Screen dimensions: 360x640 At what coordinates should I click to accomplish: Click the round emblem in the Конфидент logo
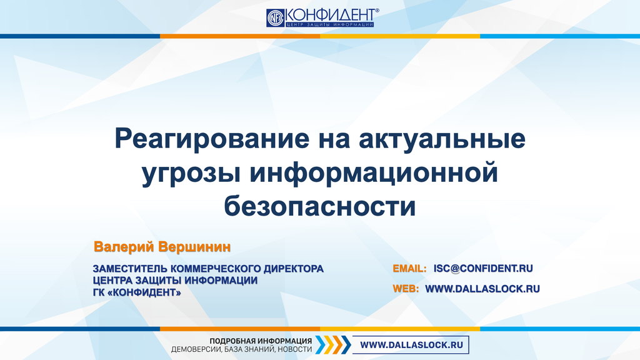click(276, 17)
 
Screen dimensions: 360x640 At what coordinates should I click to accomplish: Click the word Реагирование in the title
click(209, 139)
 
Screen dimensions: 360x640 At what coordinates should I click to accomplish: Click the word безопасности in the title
click(319, 206)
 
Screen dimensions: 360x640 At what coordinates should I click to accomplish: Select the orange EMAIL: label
click(409, 269)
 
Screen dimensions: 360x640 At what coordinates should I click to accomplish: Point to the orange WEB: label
click(406, 289)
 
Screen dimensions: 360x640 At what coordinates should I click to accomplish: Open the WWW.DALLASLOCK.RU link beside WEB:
click(482, 289)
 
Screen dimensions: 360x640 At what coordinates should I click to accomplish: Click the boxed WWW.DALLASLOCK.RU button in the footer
click(412, 344)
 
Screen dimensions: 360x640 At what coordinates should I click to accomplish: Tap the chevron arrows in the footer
click(333, 344)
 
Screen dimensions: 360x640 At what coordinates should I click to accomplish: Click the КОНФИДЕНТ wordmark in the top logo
click(331, 14)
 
